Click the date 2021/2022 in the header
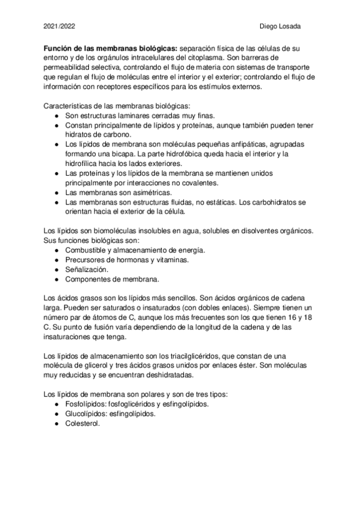click(x=59, y=26)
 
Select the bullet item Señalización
click(x=86, y=269)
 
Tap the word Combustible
click(x=88, y=250)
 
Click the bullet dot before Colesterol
click(x=56, y=423)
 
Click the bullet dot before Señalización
click(x=56, y=269)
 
